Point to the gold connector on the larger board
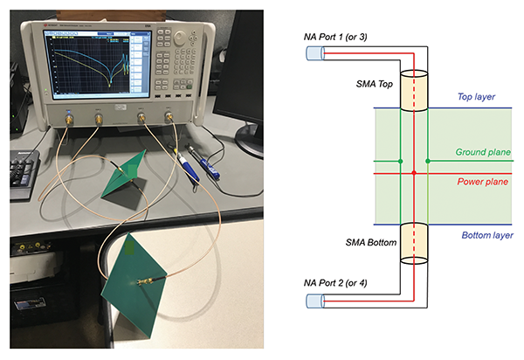pyautogui.click(x=145, y=281)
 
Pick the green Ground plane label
pyautogui.click(x=483, y=152)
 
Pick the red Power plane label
pyautogui.click(x=483, y=183)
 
